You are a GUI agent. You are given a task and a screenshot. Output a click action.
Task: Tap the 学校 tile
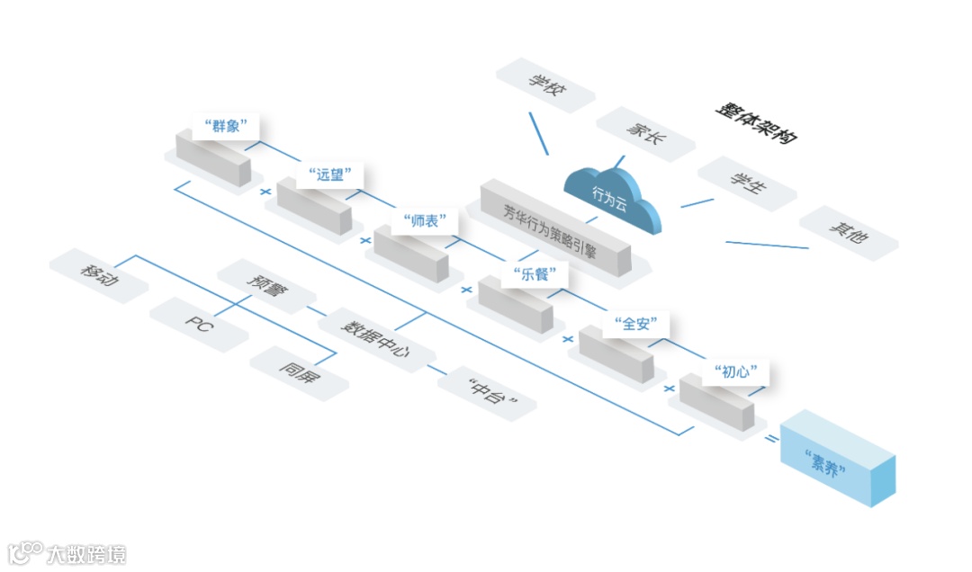click(x=545, y=85)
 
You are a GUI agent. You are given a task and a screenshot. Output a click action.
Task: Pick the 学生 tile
click(x=747, y=183)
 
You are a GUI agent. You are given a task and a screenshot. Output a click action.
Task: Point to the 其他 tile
click(x=848, y=232)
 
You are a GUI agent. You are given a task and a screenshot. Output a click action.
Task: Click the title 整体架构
click(x=757, y=122)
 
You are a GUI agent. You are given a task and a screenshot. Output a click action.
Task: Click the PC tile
click(x=199, y=324)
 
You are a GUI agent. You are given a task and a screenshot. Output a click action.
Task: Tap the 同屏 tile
click(x=298, y=371)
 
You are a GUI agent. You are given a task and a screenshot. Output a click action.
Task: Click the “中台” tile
click(x=487, y=393)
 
